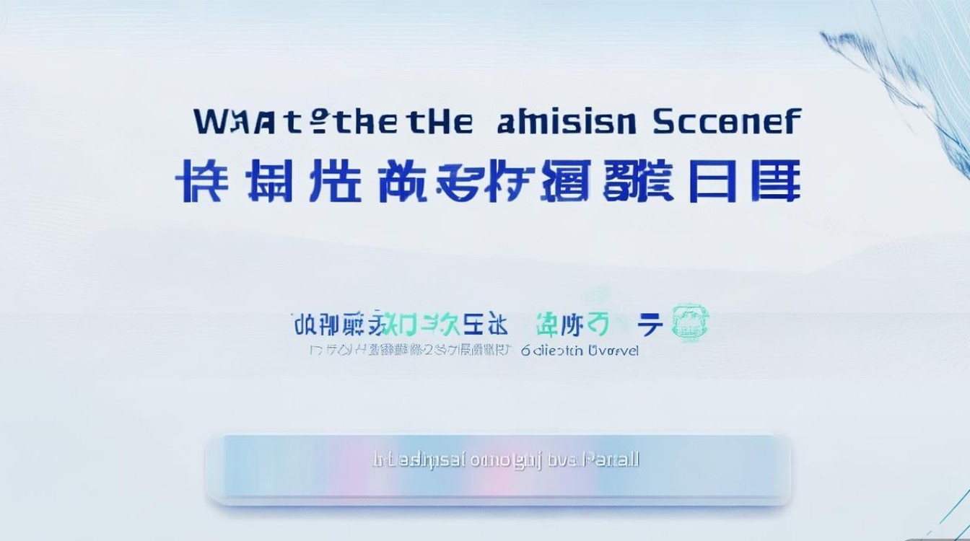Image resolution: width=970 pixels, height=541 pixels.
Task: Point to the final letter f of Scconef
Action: (x=793, y=120)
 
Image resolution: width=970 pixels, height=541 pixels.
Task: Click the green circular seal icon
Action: (x=690, y=322)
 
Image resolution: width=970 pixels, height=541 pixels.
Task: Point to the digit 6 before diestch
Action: (x=525, y=351)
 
